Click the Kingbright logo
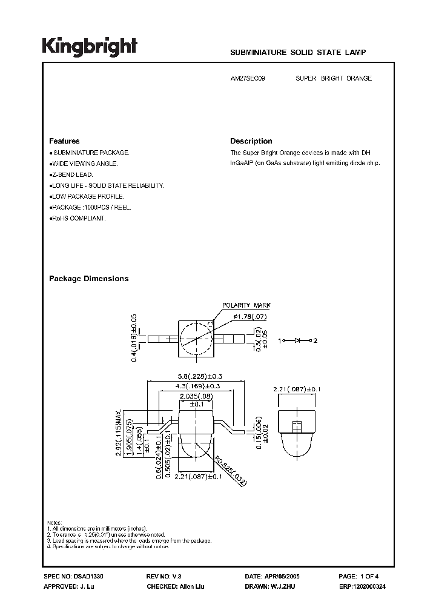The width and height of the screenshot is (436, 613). (90, 47)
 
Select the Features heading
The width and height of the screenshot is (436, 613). (64, 141)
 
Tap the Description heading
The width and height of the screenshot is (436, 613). (251, 141)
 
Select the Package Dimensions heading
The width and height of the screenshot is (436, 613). (88, 279)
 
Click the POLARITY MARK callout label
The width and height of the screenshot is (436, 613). (246, 306)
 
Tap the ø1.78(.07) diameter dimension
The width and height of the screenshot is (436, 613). (246, 317)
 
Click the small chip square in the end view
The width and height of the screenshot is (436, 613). (297, 425)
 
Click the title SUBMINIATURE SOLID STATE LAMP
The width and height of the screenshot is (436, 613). (298, 53)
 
